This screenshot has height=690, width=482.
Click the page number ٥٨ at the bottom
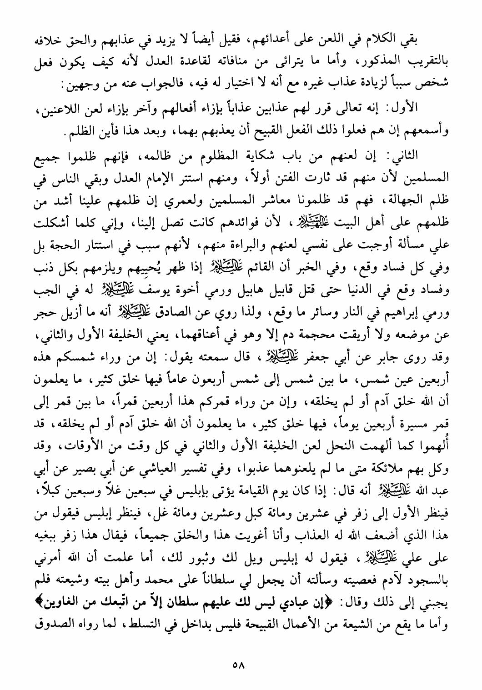coord(239,664)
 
